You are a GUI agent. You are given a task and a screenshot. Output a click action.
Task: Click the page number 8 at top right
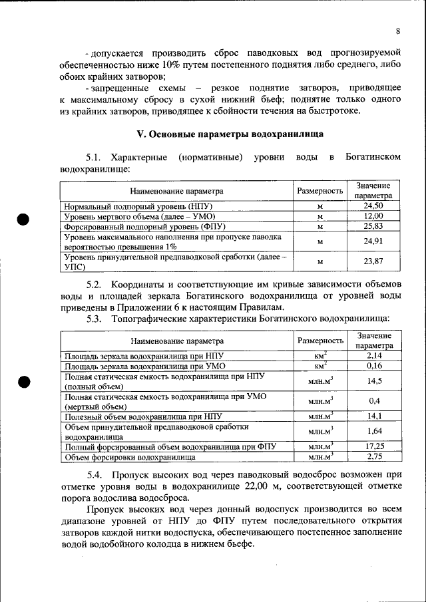tap(397, 31)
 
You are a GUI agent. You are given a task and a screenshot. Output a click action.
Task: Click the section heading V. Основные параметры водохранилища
tap(220, 133)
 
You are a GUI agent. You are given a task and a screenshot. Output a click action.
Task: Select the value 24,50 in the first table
tap(373, 206)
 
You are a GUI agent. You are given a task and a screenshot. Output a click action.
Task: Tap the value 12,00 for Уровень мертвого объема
tap(373, 216)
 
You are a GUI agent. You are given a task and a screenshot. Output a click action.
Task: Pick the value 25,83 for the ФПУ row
tap(373, 226)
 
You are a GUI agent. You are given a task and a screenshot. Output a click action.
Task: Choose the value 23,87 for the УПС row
tap(373, 261)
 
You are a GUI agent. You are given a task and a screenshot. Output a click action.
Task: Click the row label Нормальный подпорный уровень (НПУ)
tap(137, 206)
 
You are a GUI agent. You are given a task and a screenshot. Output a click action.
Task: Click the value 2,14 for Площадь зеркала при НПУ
tap(373, 356)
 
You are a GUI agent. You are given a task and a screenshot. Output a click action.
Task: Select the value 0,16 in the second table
tap(373, 366)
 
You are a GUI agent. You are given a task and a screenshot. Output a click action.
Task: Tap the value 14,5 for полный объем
tap(373, 380)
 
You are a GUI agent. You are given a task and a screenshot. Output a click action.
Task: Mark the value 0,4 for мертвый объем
tap(373, 401)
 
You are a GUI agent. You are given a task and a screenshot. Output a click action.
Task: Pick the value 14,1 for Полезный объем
tap(373, 416)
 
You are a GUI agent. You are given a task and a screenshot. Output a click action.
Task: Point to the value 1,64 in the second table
tap(373, 431)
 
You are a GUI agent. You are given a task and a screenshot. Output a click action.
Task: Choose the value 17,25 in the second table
tap(373, 446)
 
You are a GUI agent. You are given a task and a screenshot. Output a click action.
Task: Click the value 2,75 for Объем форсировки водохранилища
tap(373, 456)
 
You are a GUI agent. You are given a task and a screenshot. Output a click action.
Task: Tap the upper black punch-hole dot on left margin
tap(23, 220)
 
